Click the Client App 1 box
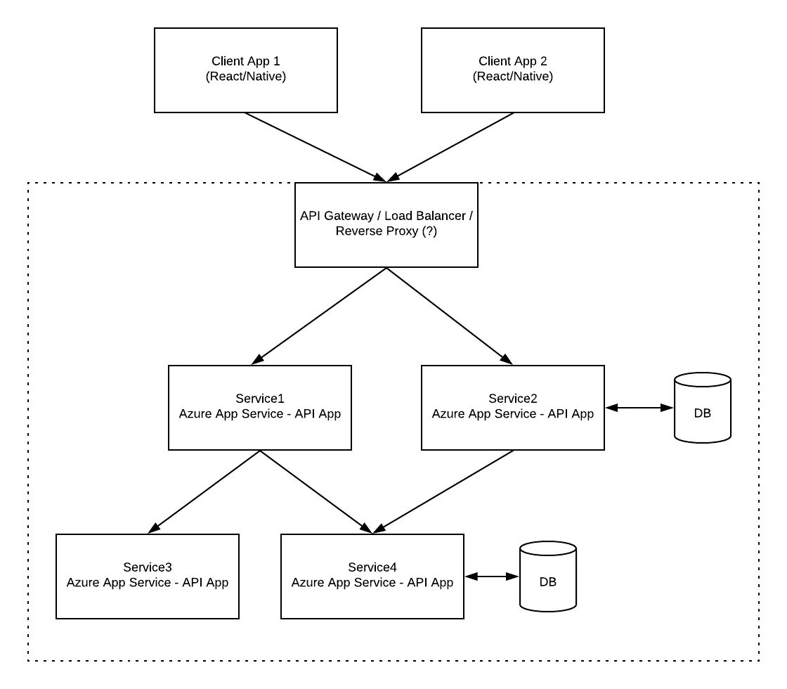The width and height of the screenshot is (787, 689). pos(246,70)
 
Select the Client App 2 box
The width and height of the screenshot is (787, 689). pos(513,70)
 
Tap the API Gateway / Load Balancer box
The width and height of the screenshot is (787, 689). pos(386,225)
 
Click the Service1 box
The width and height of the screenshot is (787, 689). pos(260,408)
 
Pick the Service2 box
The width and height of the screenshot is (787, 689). pos(513,408)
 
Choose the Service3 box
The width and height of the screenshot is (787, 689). pos(148,577)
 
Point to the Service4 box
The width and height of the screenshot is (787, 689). pos(372,577)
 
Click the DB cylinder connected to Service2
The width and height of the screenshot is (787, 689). pos(703,408)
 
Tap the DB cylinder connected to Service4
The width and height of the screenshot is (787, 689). pos(548,577)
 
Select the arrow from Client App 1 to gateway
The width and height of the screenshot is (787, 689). pos(316,147)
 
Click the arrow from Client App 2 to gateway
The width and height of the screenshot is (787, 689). pos(450,147)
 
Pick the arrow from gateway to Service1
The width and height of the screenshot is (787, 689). pos(319,316)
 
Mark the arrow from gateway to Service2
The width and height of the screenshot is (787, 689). pos(449,316)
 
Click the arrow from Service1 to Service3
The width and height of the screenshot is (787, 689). pos(204,491)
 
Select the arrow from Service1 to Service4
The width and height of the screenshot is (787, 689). pos(316,491)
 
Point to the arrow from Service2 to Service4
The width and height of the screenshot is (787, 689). pos(443,491)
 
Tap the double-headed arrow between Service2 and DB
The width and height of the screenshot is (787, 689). pos(639,408)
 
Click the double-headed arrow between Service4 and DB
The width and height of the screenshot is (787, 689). pos(491,577)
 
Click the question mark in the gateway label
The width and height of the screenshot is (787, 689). pos(429,231)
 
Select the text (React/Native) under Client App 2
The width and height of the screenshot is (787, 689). pos(513,77)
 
